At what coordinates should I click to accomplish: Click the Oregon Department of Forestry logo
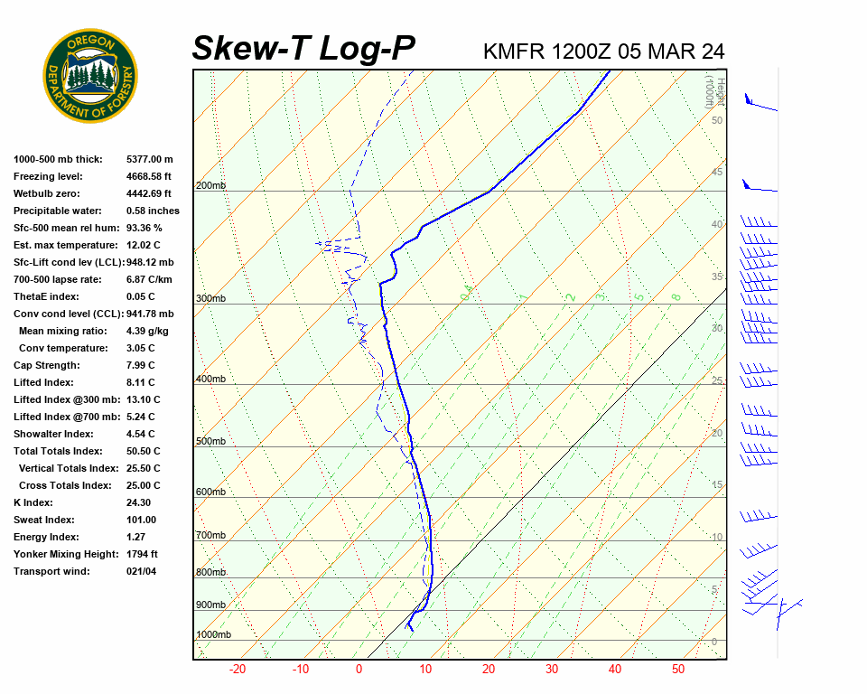point(90,75)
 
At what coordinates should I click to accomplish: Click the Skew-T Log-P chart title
point(303,49)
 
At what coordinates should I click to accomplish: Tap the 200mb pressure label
point(210,186)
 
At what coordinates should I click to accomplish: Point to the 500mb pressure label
point(210,441)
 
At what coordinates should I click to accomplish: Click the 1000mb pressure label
point(214,635)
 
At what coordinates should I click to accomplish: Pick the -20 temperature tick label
point(238,670)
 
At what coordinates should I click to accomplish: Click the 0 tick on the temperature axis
point(359,670)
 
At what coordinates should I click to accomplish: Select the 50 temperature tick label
point(678,670)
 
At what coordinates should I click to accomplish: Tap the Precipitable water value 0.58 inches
point(153,211)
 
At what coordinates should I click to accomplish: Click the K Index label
point(33,502)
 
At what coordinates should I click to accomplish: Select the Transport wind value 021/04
point(143,571)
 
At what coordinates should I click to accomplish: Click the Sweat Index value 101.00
point(142,520)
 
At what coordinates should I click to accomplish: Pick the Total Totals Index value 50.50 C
point(144,451)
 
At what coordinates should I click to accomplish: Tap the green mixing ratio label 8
point(676,296)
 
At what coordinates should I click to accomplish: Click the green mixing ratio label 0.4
point(467,292)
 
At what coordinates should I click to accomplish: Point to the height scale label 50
point(716,120)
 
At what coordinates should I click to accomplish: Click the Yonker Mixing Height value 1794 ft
point(142,554)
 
